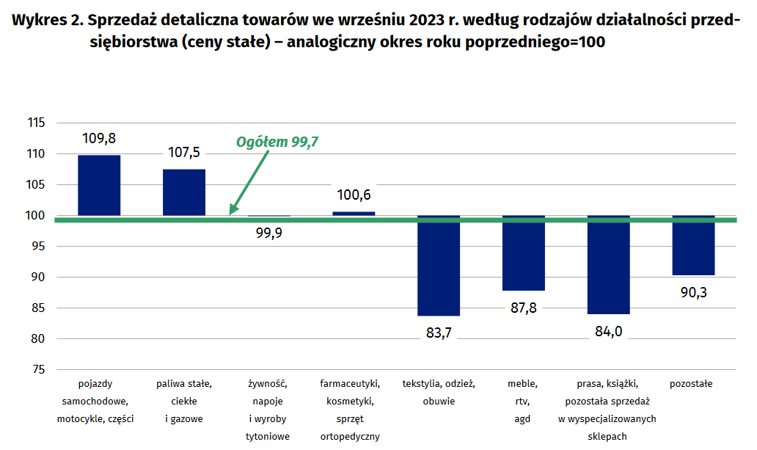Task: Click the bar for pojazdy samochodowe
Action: click(99, 185)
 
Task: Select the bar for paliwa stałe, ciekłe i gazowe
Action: click(183, 192)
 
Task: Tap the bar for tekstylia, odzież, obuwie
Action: click(439, 266)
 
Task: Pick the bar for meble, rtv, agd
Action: click(523, 253)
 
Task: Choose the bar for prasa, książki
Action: click(608, 265)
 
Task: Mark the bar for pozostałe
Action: click(693, 246)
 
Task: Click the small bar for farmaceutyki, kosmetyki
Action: click(354, 214)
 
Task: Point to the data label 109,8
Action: click(99, 137)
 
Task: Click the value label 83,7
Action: click(439, 333)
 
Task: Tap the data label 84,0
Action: click(608, 331)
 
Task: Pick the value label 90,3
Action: click(693, 292)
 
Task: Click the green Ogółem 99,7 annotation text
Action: click(277, 142)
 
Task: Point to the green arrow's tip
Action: click(231, 213)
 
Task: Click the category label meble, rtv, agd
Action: click(523, 401)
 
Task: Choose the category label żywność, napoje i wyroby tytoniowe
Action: click(268, 410)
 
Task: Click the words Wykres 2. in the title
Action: click(45, 20)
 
